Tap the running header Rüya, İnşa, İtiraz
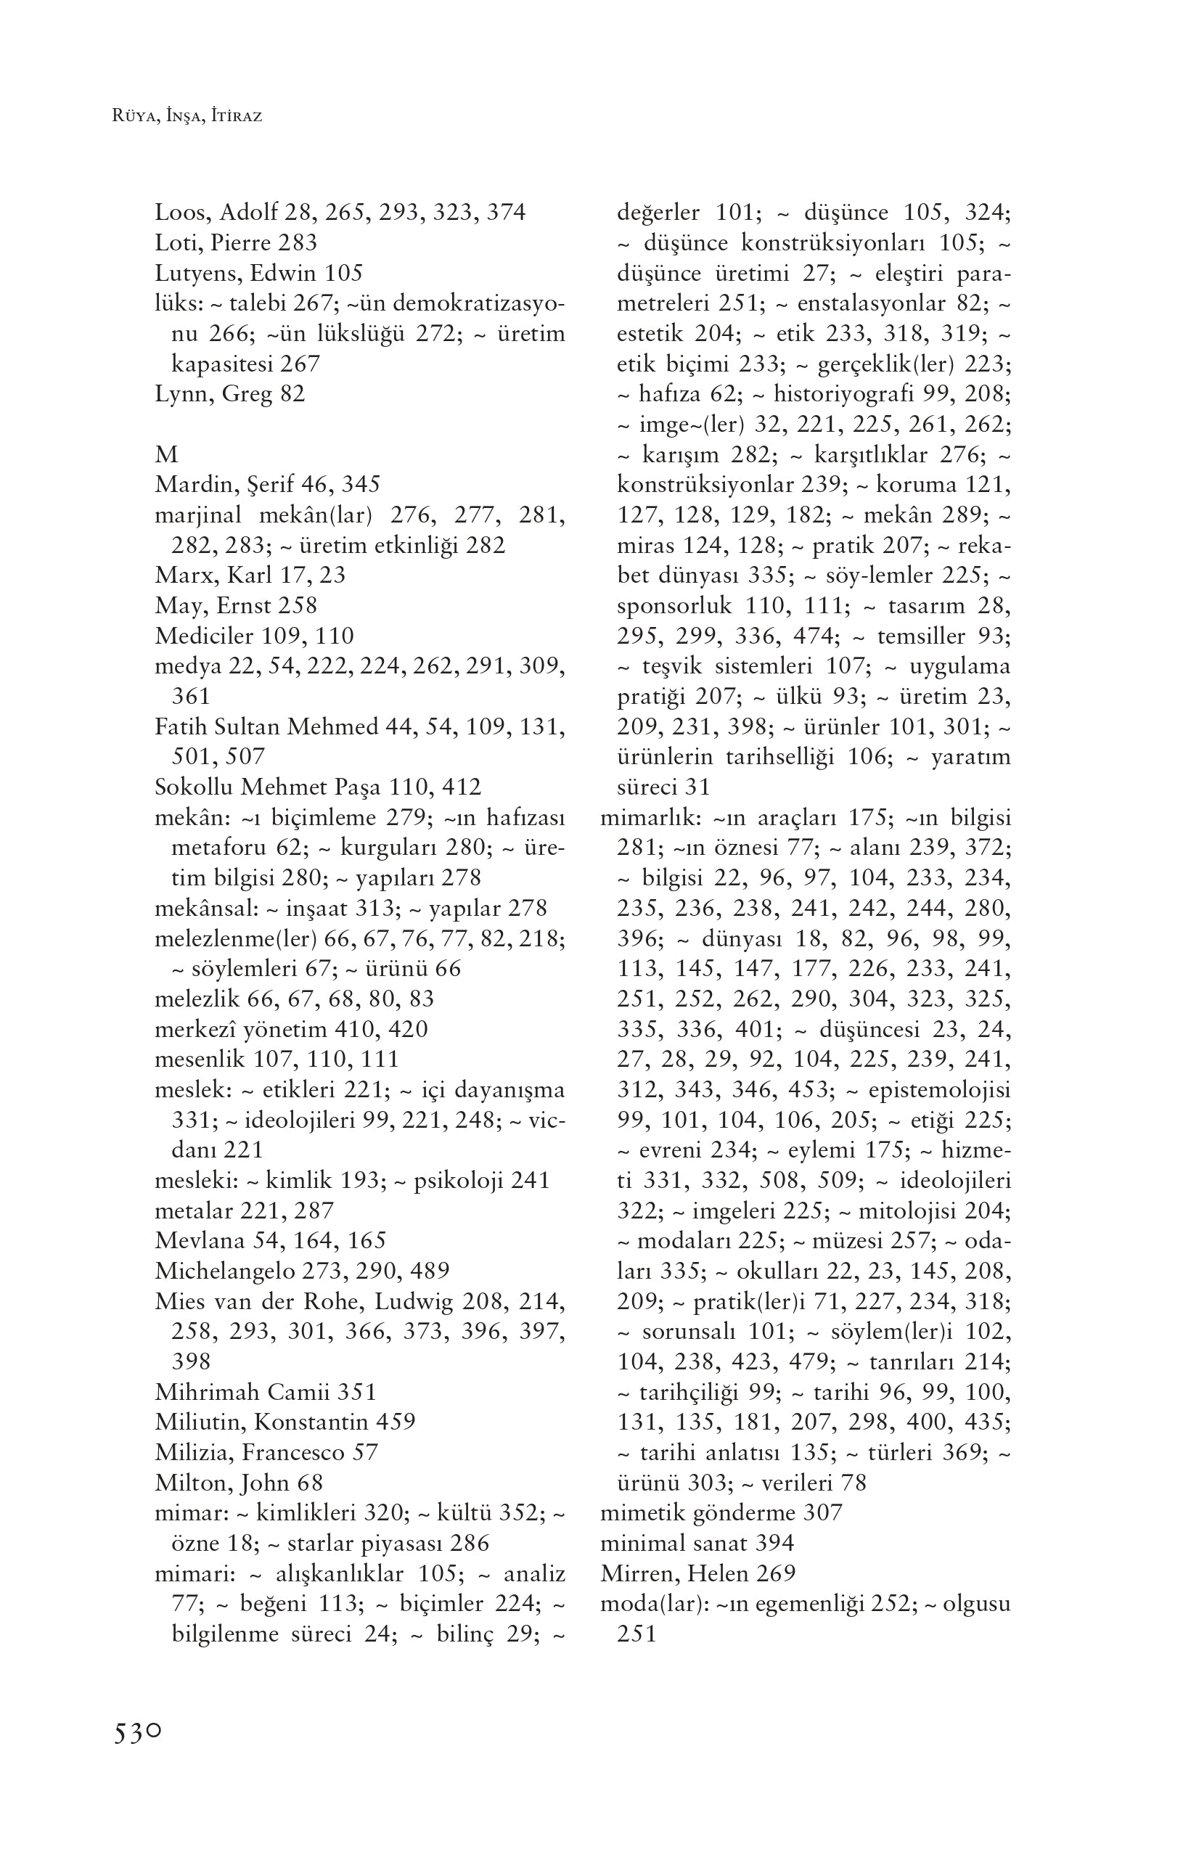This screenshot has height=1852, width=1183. pos(187,117)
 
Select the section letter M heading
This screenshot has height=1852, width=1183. pos(166,454)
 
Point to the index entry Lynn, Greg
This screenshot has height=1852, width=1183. pos(229,394)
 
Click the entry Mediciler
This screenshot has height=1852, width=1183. pos(205,636)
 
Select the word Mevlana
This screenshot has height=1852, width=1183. pos(192,1240)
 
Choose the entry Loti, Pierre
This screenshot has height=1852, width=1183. pos(235,243)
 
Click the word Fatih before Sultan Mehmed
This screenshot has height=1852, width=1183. pos(181,727)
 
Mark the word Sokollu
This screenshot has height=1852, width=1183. pos(194,787)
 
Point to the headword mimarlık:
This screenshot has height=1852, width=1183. pos(653,818)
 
